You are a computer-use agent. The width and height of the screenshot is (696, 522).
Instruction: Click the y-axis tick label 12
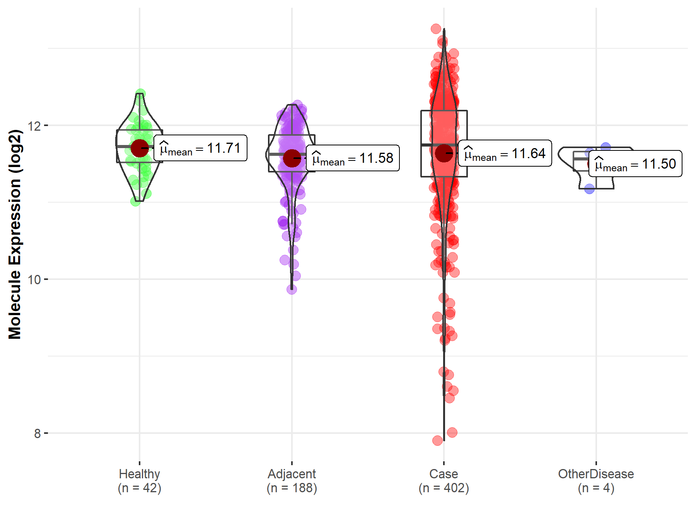(34, 126)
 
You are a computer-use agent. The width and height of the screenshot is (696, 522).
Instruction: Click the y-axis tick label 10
(34, 280)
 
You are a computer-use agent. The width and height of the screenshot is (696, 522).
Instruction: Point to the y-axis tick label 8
(37, 433)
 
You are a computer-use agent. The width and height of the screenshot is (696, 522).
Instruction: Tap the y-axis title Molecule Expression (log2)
(15, 234)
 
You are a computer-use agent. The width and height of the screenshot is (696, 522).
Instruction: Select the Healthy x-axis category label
(139, 474)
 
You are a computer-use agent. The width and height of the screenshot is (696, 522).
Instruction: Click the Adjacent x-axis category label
(292, 474)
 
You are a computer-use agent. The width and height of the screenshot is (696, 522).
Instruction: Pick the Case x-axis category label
(444, 474)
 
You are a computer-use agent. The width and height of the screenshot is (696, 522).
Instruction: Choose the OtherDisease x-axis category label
(596, 474)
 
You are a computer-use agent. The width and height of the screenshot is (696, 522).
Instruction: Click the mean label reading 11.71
(200, 148)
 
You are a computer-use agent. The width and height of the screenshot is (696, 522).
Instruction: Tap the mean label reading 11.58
(353, 158)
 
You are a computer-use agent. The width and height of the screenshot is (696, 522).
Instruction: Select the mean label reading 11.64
(505, 154)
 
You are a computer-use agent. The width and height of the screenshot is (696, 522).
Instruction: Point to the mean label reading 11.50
(635, 164)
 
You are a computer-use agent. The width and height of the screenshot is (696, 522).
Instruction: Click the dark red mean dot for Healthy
(139, 148)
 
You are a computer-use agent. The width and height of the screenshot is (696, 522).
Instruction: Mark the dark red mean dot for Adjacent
(292, 158)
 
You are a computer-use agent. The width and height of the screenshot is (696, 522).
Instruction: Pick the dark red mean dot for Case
(444, 153)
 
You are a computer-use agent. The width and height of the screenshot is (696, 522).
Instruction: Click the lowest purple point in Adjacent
(292, 289)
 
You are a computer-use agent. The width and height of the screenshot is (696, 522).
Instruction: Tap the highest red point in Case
(436, 29)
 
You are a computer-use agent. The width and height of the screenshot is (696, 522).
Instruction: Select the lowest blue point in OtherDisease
(589, 189)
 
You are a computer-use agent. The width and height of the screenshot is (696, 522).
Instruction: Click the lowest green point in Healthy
(135, 201)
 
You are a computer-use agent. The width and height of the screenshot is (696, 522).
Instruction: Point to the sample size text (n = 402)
(444, 488)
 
